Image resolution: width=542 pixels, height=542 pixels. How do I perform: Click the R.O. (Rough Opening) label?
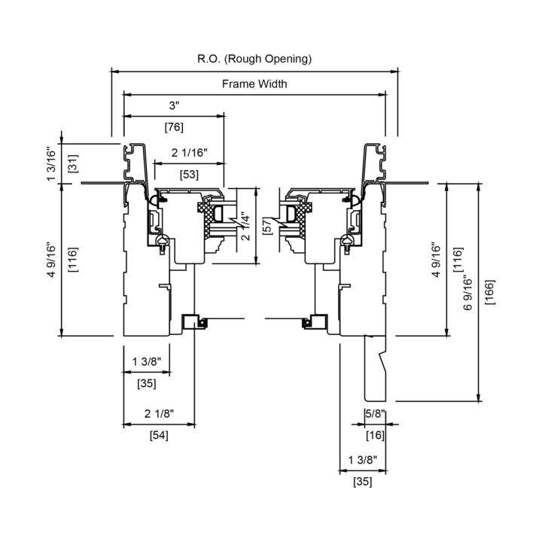click(254, 59)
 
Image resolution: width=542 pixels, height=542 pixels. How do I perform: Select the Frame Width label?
click(254, 84)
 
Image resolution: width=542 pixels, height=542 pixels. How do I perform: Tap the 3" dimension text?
click(175, 105)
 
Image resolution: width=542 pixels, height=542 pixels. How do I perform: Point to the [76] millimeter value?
click(174, 127)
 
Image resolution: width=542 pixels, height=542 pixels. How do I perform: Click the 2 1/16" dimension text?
click(190, 152)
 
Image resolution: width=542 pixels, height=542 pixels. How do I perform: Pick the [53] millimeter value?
click(189, 175)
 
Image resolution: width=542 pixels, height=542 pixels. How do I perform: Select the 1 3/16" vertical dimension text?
click(51, 165)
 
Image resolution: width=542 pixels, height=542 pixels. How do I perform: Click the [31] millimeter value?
click(73, 163)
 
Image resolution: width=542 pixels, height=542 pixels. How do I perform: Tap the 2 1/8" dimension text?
click(159, 413)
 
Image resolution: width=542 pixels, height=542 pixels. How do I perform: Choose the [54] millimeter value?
click(159, 436)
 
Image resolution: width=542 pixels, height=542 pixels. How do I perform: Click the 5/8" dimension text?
click(375, 413)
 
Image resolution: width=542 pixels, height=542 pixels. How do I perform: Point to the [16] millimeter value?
click(375, 435)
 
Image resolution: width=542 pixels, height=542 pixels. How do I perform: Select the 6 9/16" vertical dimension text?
click(467, 292)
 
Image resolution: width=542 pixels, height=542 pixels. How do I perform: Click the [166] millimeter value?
click(490, 292)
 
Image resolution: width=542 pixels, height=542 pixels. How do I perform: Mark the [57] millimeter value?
click(267, 226)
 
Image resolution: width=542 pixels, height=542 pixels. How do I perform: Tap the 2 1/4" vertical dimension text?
click(245, 227)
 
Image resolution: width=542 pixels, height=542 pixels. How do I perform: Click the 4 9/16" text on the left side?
click(51, 260)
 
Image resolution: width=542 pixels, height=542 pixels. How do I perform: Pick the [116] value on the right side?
click(458, 260)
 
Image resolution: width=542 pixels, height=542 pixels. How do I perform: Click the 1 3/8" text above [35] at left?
click(147, 361)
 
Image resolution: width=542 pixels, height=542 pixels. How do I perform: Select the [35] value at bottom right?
click(363, 482)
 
